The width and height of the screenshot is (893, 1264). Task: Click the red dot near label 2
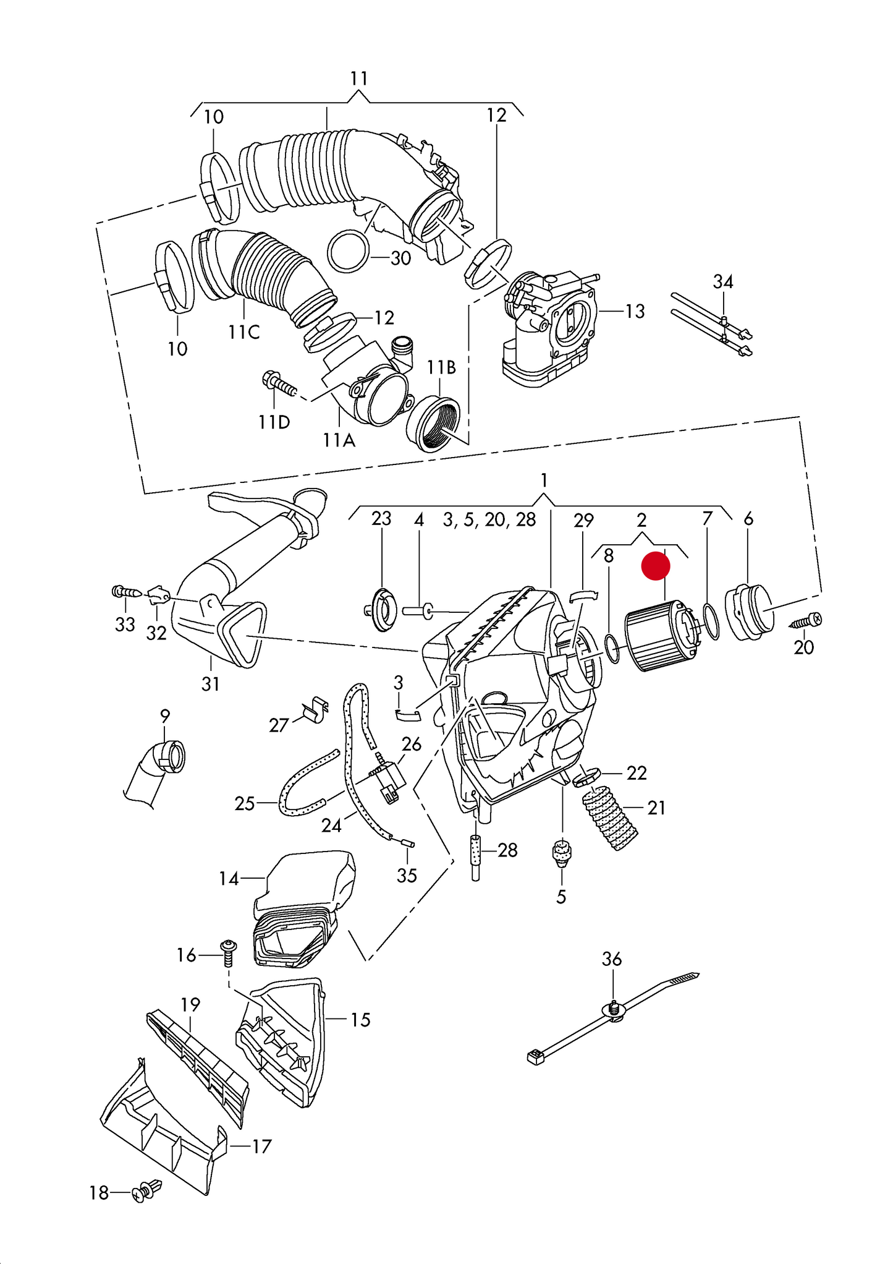[655, 566]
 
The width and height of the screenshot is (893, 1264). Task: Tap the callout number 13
[635, 311]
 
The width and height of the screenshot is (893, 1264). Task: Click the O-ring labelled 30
[348, 251]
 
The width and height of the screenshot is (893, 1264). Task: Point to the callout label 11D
[274, 422]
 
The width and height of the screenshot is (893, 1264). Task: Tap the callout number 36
[611, 959]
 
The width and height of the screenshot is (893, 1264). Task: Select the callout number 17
[261, 1147]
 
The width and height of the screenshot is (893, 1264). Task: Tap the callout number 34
[722, 282]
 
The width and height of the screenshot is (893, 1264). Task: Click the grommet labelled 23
[381, 610]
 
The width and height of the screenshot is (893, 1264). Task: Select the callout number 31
[210, 684]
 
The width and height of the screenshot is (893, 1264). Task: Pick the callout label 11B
[441, 367]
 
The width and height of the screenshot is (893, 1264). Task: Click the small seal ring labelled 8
[612, 648]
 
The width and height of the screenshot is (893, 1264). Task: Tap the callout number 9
[164, 716]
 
